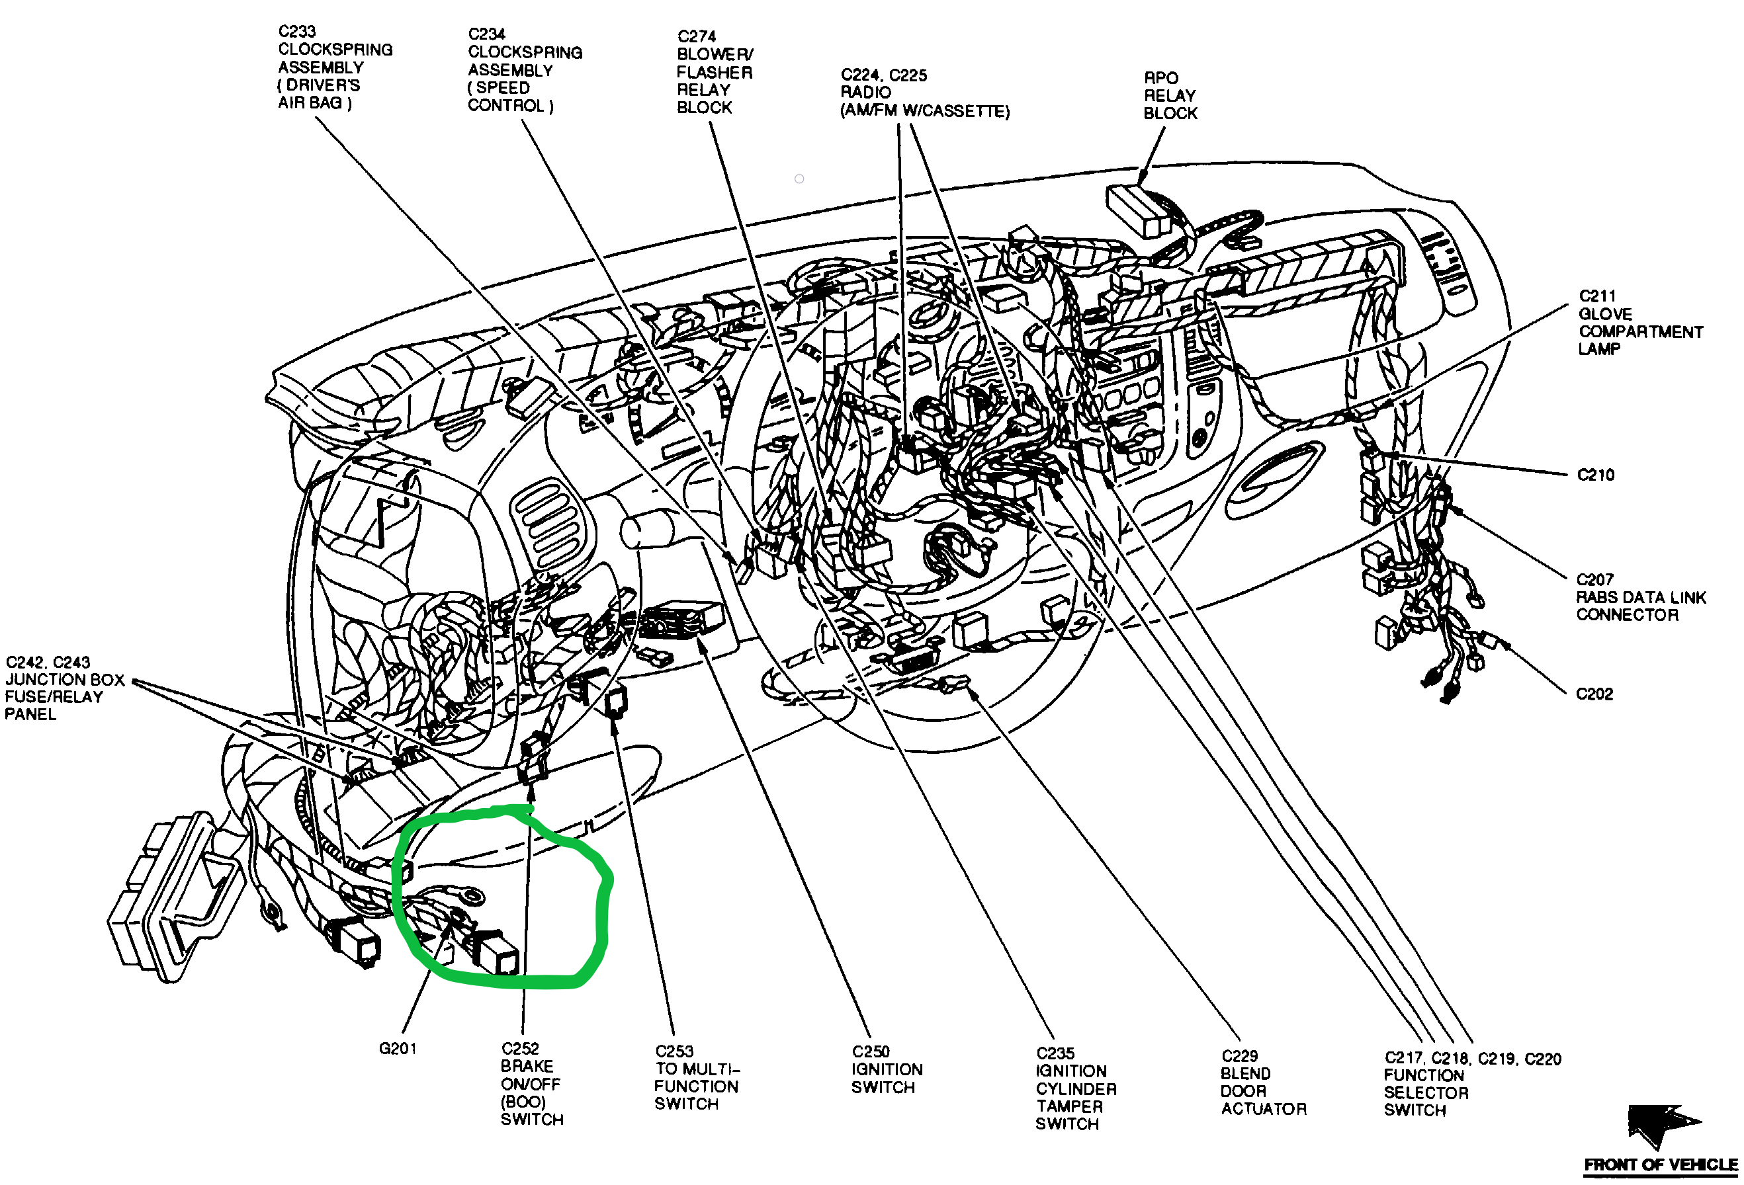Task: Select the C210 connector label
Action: [1595, 475]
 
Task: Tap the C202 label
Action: [1594, 694]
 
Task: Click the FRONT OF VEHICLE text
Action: [1660, 1165]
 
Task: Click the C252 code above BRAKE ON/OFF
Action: [520, 1049]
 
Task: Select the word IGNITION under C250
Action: [887, 1069]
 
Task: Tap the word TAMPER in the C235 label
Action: [1069, 1106]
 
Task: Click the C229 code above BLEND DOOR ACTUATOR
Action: [1240, 1056]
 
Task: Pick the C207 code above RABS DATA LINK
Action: [1594, 580]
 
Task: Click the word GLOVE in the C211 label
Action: [1605, 314]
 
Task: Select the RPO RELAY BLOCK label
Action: [1170, 95]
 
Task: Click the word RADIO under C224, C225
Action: [866, 93]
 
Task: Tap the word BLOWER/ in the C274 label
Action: [715, 54]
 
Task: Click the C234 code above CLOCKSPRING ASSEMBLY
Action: [486, 34]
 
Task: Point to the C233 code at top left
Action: [297, 32]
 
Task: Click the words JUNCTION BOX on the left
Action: [65, 680]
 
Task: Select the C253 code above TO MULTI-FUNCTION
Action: [674, 1051]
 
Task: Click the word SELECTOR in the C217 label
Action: [1426, 1092]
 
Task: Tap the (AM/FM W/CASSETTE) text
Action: [924, 111]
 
